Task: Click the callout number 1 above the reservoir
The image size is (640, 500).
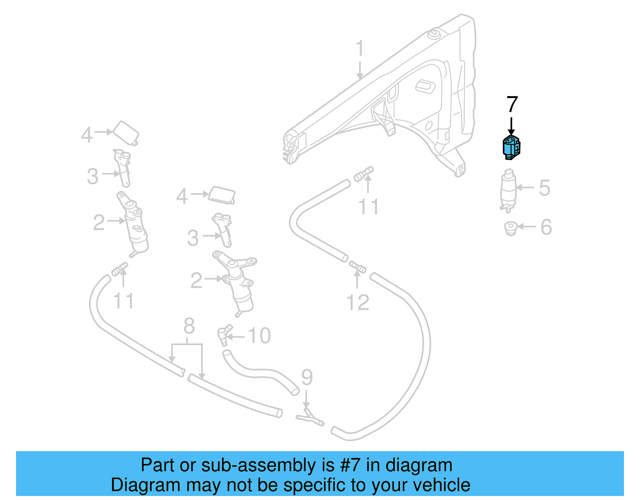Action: pos(360,48)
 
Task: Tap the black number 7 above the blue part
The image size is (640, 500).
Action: pos(512,104)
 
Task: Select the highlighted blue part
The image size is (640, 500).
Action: pos(511,147)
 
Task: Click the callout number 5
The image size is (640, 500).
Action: pos(544,187)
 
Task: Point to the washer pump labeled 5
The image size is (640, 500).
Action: pos(508,190)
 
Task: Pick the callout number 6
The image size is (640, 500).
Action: pos(546,227)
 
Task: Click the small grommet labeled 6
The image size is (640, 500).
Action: pos(510,228)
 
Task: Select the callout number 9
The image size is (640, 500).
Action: pos(306,377)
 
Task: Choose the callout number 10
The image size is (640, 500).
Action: pos(259,335)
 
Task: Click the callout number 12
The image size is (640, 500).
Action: pos(358,302)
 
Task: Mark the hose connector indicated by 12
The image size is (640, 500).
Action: pos(357,266)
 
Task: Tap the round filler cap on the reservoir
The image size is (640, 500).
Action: pos(434,34)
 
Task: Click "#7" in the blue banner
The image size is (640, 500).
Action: pos(350,465)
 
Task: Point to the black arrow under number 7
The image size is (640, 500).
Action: pos(511,126)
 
